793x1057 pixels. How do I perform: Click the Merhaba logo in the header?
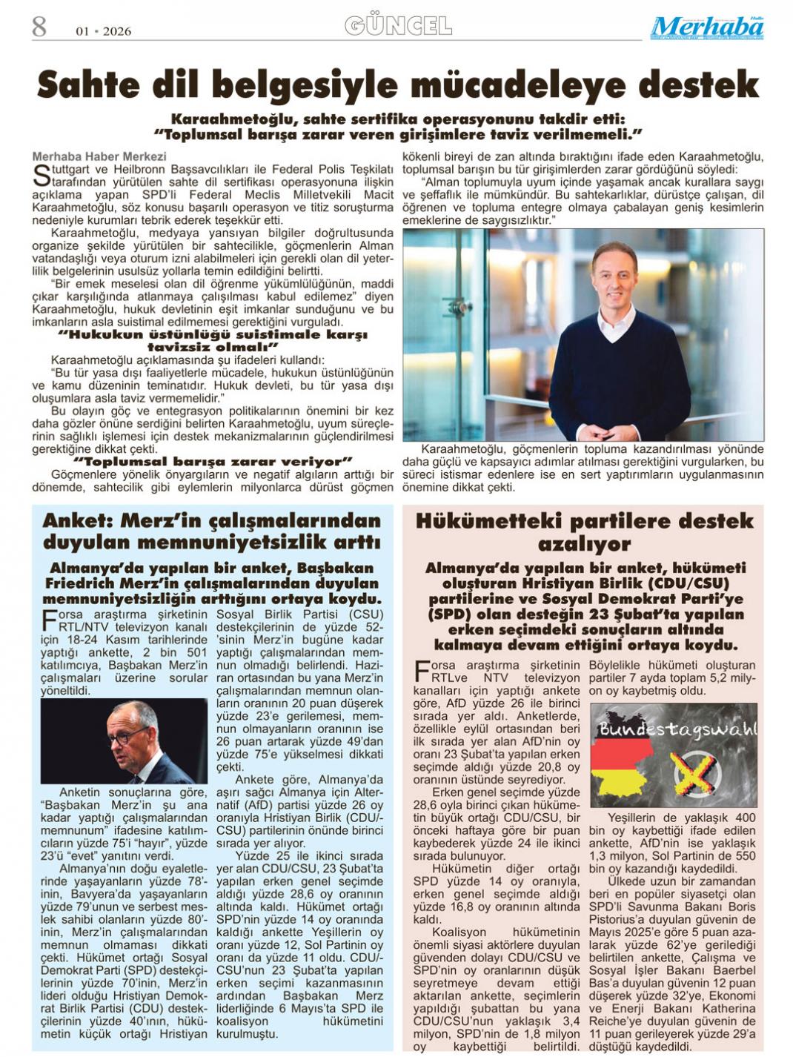(x=706, y=27)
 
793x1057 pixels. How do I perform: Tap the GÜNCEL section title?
(x=398, y=27)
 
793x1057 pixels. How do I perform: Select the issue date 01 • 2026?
(x=104, y=31)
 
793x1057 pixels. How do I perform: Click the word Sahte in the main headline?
(x=88, y=85)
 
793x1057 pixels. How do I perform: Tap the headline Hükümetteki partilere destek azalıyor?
(x=583, y=532)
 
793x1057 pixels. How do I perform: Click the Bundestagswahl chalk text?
(x=677, y=729)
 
